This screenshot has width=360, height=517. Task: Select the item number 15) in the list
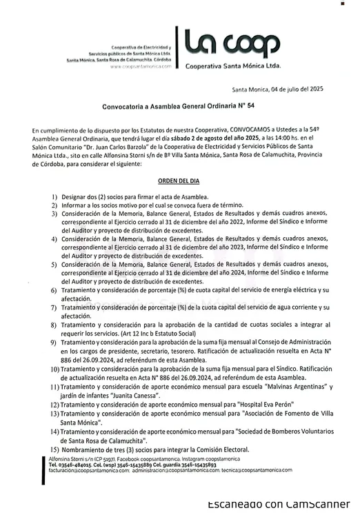54,449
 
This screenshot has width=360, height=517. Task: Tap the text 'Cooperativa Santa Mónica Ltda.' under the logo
232,66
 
